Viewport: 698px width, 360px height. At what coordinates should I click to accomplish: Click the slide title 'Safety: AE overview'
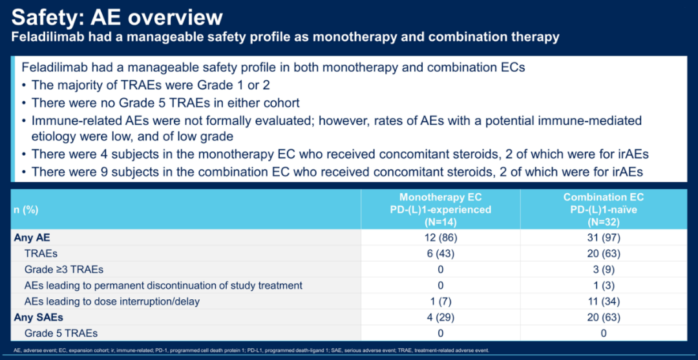pyautogui.click(x=116, y=18)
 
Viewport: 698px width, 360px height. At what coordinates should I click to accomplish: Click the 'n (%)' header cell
pyautogui.click(x=25, y=210)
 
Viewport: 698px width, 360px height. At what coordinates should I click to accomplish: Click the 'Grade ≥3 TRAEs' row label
pyautogui.click(x=59, y=270)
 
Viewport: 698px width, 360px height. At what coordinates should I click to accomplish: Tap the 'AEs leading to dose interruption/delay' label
pyautogui.click(x=112, y=301)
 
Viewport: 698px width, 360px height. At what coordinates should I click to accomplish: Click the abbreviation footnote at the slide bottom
pyautogui.click(x=251, y=351)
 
